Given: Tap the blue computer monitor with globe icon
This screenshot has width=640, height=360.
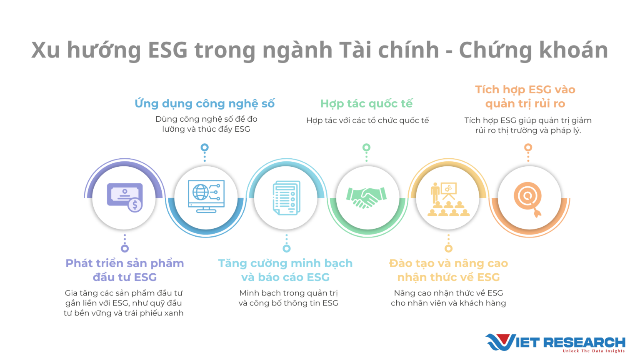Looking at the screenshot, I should (206, 196).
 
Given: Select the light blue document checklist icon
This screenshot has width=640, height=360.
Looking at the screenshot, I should (286, 198).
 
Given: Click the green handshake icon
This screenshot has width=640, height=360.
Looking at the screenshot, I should (367, 197).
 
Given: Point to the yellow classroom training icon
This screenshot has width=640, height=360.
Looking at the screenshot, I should (448, 199).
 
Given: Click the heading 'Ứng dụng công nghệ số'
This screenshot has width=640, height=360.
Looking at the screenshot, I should (205, 103).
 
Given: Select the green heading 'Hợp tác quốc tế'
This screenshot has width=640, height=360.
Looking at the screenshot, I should (366, 103).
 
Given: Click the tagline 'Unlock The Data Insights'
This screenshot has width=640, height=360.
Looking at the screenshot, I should (593, 351).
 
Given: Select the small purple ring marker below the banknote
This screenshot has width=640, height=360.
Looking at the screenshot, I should (125, 248).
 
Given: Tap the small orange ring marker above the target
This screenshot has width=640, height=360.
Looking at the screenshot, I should (528, 147).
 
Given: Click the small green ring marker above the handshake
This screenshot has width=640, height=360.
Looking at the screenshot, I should (366, 147).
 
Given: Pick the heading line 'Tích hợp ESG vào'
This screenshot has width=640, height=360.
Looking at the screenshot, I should (525, 90).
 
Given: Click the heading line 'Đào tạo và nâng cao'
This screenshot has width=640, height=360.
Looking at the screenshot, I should (448, 263).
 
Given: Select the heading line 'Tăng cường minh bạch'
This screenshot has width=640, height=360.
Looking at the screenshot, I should (285, 263).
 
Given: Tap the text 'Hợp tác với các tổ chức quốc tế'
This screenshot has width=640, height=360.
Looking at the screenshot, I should (367, 120).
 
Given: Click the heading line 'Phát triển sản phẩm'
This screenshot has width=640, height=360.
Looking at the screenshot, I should (125, 263).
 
